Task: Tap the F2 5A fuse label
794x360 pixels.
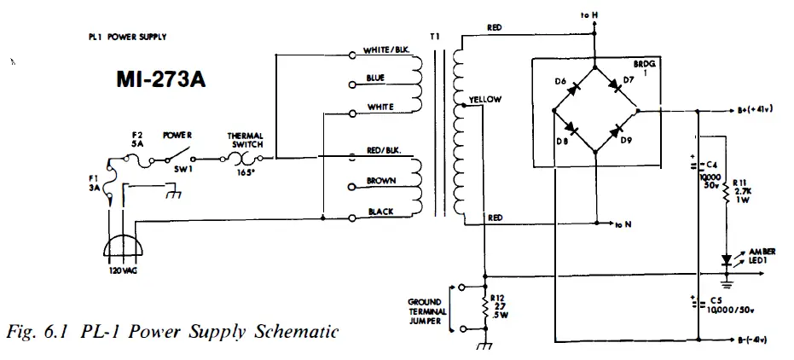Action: (x=139, y=139)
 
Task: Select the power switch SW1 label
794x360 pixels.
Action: (x=181, y=168)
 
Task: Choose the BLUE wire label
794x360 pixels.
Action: (x=375, y=78)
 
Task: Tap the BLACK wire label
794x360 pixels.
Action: (x=379, y=211)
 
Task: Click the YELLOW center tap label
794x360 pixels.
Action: (x=485, y=100)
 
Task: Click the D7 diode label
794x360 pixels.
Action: (x=629, y=80)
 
